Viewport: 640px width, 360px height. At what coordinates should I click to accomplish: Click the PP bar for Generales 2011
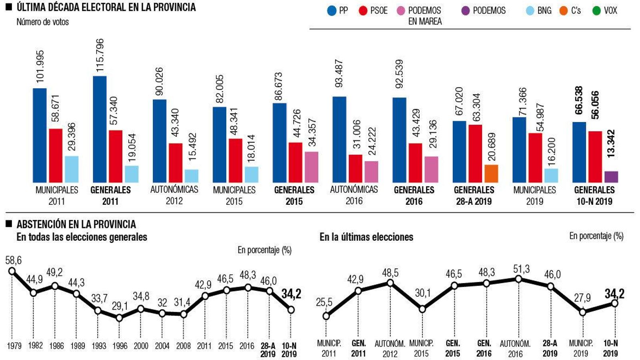click(100, 129)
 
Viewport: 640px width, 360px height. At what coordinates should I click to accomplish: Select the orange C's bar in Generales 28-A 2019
click(491, 174)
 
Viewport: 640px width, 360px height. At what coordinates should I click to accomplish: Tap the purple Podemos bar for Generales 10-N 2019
click(611, 177)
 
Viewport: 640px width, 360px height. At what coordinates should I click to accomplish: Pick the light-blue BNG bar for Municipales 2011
click(72, 169)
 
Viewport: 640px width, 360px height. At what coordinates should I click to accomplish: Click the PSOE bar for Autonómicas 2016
click(355, 168)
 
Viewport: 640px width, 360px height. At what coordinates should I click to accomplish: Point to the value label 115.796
click(100, 55)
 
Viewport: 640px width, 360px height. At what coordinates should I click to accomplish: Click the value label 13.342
click(611, 143)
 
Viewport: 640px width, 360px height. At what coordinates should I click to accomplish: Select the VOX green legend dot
click(596, 11)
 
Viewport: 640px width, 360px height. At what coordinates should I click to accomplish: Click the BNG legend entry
click(538, 11)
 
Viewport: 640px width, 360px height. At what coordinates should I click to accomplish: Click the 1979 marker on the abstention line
click(12, 271)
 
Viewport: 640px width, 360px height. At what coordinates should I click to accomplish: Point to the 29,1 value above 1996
click(120, 306)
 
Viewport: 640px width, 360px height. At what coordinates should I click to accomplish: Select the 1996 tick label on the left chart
click(120, 346)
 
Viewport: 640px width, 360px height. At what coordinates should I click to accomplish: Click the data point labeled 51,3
click(518, 279)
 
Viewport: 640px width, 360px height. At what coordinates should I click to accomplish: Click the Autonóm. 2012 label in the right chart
click(390, 348)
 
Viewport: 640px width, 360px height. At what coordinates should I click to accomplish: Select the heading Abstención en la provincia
click(76, 224)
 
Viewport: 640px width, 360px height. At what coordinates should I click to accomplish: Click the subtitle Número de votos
click(42, 22)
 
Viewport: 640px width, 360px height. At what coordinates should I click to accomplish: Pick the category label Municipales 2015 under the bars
click(234, 195)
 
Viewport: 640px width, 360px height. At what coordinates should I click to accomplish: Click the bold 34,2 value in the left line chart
click(291, 294)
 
